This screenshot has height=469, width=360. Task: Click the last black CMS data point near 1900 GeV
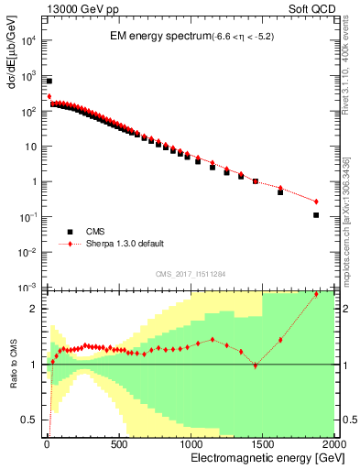316,215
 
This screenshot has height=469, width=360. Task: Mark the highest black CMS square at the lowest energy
49,81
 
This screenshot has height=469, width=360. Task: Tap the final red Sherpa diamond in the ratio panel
316,294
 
